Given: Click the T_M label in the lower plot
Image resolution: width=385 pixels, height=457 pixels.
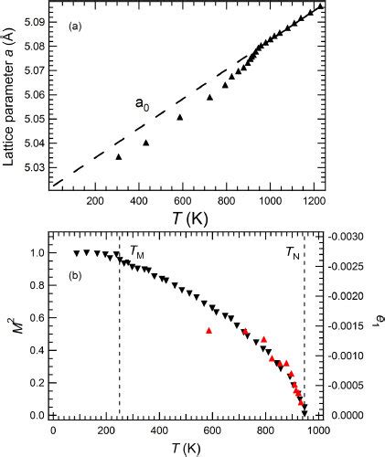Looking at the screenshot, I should tap(136, 250).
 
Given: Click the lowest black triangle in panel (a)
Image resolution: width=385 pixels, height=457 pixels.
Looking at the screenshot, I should tap(118, 156).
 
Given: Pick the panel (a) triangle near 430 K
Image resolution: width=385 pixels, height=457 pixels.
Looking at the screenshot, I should tap(146, 143).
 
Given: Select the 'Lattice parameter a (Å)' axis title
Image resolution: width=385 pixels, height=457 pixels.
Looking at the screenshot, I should tap(8, 96).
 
